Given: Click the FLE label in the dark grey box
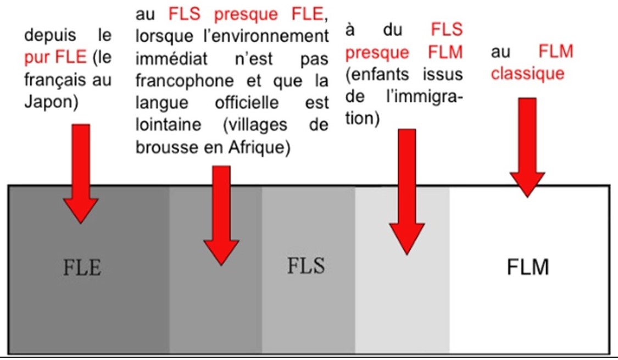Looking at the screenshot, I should coord(81,269).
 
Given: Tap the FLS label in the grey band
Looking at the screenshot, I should coord(306,265).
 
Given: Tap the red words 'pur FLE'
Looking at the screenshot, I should coord(55,57).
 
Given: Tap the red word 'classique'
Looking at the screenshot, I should coord(527,74).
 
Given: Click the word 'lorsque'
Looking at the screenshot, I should coord(162,36).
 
